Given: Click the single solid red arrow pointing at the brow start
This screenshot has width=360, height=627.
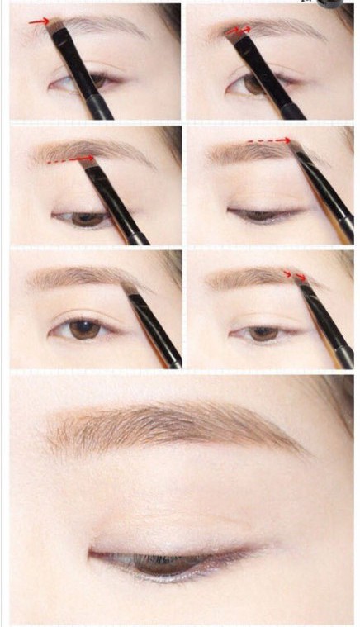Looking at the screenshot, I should coord(40,22).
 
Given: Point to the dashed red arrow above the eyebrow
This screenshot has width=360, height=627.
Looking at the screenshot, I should coord(270,141).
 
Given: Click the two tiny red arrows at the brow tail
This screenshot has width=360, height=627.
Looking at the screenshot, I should coord(296,275).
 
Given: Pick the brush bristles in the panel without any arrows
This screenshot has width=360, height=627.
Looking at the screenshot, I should coord(130,288).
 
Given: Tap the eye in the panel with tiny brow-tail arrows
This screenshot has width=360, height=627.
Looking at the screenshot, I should coord(263,334).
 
